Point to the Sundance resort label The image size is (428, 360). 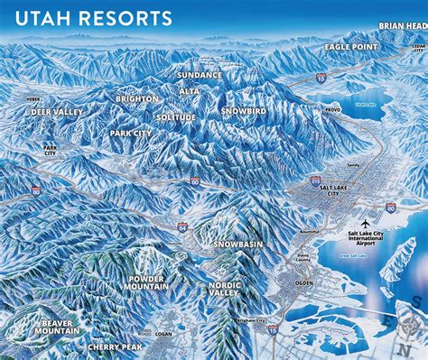(200, 74)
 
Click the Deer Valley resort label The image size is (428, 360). (57, 113)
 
